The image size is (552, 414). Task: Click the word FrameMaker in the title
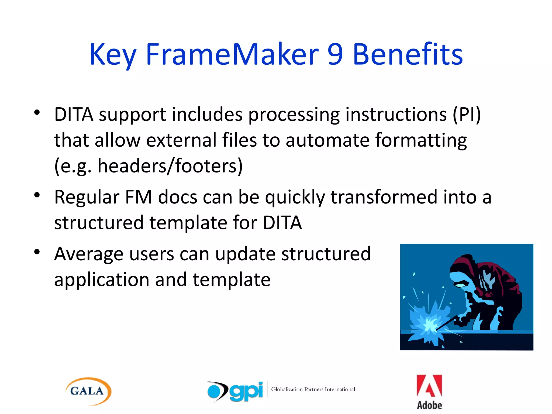coord(232,54)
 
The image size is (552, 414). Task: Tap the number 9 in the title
coord(335,54)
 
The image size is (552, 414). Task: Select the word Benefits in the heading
coord(408,54)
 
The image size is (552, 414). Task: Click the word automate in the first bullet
coord(327,140)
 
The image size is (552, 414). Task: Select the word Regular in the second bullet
coord(87,197)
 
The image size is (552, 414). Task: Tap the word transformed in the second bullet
coord(384,197)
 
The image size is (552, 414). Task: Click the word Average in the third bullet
coord(89,254)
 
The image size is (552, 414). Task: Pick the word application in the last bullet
coord(101,280)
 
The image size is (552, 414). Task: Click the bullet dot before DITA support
coord(37,112)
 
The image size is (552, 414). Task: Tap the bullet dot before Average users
coord(37,252)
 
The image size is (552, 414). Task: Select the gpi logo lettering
coord(246,391)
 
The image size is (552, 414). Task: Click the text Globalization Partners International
coord(313,389)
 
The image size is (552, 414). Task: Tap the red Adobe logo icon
coord(429,386)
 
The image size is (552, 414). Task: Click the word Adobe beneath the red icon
coord(429,405)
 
